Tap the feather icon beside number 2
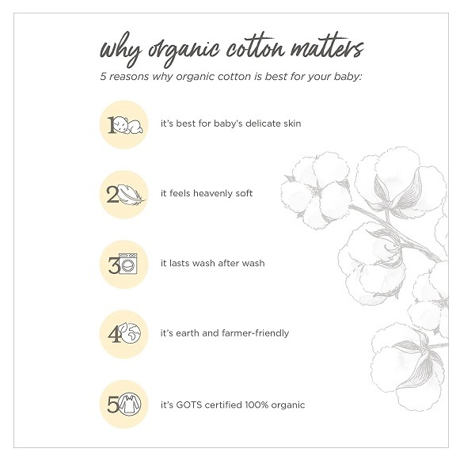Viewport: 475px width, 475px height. point(131,195)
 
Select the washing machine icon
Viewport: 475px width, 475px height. point(128,264)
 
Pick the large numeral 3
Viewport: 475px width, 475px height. point(114,265)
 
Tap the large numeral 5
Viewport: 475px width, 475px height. point(113,405)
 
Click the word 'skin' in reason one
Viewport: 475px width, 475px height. point(292,123)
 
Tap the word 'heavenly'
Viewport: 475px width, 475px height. point(212,194)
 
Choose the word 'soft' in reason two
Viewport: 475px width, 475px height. point(244,193)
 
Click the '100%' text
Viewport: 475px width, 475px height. point(256,405)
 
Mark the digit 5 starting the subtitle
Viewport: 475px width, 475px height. point(103,77)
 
